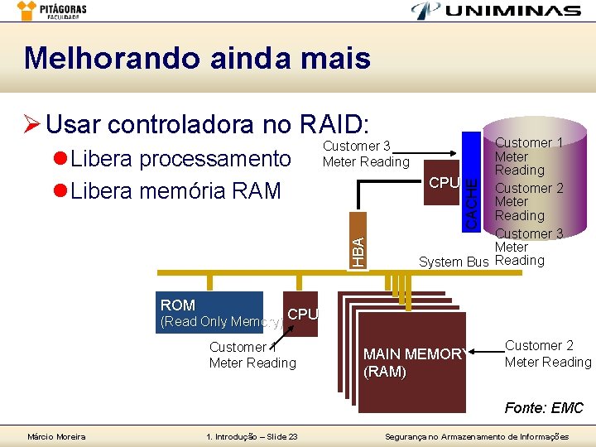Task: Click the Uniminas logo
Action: coord(496,11)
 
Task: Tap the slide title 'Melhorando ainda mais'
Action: coord(197,59)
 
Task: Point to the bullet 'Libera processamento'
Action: coord(180,158)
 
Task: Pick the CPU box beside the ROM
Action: coord(302,315)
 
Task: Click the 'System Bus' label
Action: coord(453,262)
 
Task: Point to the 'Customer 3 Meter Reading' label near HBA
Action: coord(366,153)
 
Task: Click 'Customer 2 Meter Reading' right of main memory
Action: coord(548,353)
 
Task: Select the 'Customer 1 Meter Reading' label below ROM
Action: coord(252,355)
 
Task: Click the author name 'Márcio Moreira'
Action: coord(56,436)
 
